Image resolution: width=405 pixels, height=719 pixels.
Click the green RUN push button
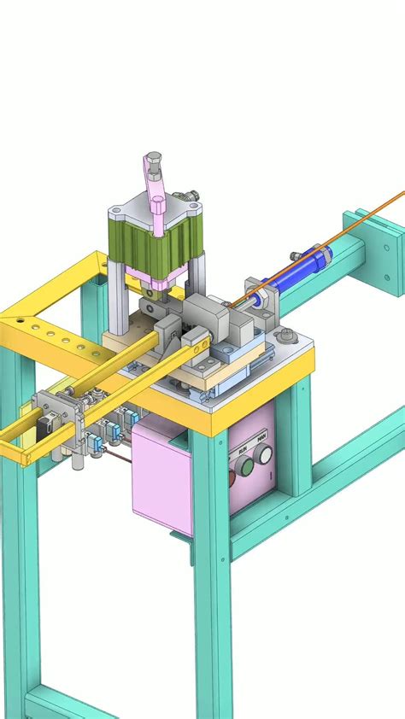(246, 466)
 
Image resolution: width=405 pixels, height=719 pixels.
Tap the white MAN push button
(263, 455)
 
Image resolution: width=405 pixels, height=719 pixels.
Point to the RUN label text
(243, 447)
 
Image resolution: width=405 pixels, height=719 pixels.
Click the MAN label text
(261, 436)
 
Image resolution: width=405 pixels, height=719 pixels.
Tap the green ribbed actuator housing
(154, 243)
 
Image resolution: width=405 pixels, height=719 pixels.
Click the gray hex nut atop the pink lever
(151, 159)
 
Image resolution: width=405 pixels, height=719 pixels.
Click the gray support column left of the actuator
(116, 295)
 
